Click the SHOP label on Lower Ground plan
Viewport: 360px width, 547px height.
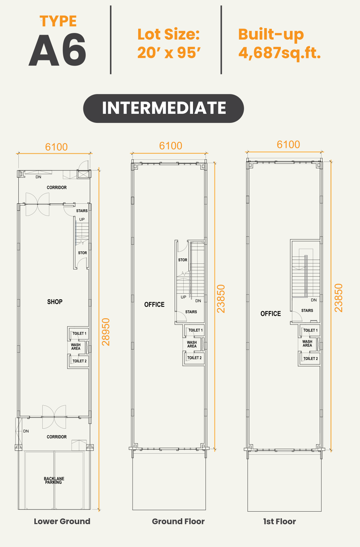pyautogui.click(x=55, y=302)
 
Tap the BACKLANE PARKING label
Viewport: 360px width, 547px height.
pyautogui.click(x=54, y=480)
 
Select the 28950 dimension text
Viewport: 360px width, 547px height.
pyautogui.click(x=106, y=332)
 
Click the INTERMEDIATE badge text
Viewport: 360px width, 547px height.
pyautogui.click(x=164, y=108)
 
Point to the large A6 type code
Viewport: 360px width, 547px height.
pyautogui.click(x=57, y=50)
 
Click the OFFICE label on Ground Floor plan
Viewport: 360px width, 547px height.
pyautogui.click(x=154, y=304)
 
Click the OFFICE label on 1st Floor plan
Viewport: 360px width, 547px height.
pyautogui.click(x=271, y=313)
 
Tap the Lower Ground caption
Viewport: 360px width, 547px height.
pyautogui.click(x=62, y=521)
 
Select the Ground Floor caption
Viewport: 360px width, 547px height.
pyautogui.click(x=178, y=521)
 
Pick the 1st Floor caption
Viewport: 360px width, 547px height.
pyautogui.click(x=279, y=521)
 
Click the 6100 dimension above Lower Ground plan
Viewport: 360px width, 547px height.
pyautogui.click(x=57, y=147)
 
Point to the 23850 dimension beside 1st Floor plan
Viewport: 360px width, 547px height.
pyautogui.click(x=339, y=298)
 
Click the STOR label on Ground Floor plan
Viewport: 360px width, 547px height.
pyautogui.click(x=183, y=260)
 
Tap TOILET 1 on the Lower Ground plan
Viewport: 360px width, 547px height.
pyautogui.click(x=79, y=333)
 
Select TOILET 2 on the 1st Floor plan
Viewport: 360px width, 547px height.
pyautogui.click(x=311, y=359)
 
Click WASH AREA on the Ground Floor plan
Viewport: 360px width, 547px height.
pyautogui.click(x=192, y=344)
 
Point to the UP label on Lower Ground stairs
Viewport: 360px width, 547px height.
pyautogui.click(x=82, y=219)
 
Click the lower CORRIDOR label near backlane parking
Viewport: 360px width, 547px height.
pyautogui.click(x=57, y=437)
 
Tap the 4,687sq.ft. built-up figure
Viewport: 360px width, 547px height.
pyautogui.click(x=280, y=53)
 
